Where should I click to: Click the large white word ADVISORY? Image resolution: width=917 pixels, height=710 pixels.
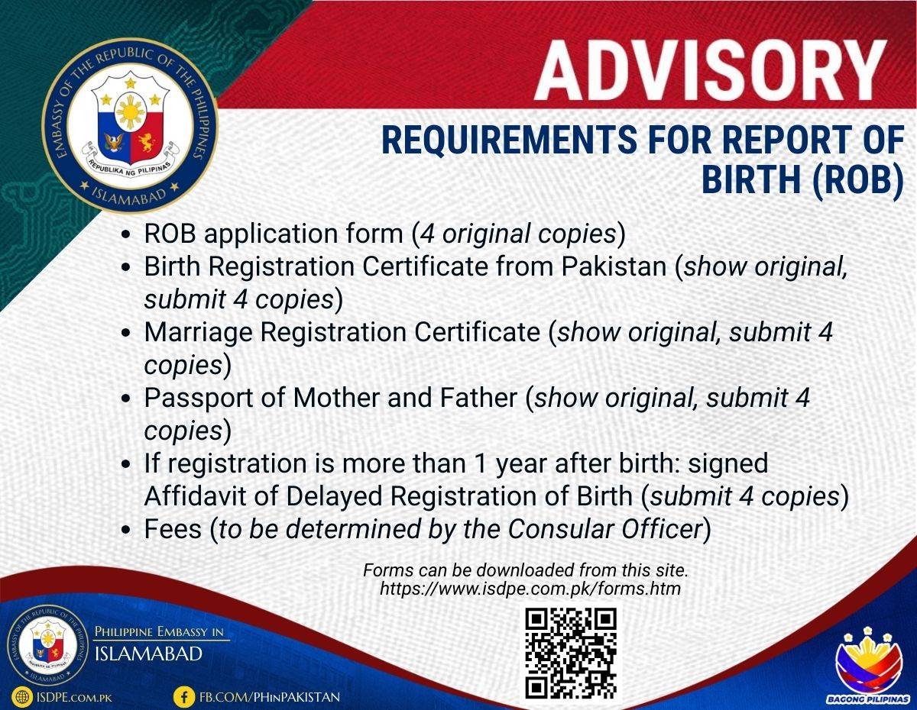click(x=711, y=71)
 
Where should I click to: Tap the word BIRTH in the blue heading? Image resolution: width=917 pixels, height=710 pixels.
click(x=751, y=179)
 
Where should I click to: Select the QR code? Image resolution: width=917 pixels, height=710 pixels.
click(x=571, y=653)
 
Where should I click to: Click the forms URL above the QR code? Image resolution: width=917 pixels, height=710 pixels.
click(x=530, y=589)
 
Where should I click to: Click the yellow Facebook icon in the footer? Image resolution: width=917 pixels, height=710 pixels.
click(x=184, y=696)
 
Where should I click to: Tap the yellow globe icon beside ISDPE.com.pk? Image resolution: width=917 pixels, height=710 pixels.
click(x=22, y=696)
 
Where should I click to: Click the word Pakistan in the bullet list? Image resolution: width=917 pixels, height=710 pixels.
click(x=614, y=266)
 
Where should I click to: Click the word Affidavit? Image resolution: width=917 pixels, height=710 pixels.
click(x=195, y=496)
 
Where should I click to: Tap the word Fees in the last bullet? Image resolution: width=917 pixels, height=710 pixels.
click(x=173, y=529)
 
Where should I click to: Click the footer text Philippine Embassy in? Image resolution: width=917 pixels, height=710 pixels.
click(x=159, y=631)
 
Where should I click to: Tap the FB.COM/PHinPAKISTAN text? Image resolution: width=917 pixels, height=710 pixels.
click(x=270, y=697)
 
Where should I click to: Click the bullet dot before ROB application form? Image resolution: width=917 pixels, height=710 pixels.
click(x=126, y=234)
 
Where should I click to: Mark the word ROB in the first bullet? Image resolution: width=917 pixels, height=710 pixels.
click(x=170, y=234)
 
